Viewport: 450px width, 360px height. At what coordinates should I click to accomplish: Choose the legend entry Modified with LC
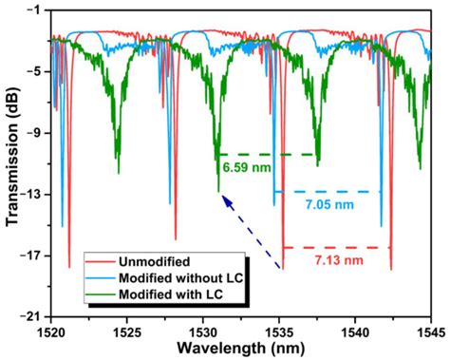click(167, 295)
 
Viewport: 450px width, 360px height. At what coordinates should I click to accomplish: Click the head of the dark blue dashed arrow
click(220, 196)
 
